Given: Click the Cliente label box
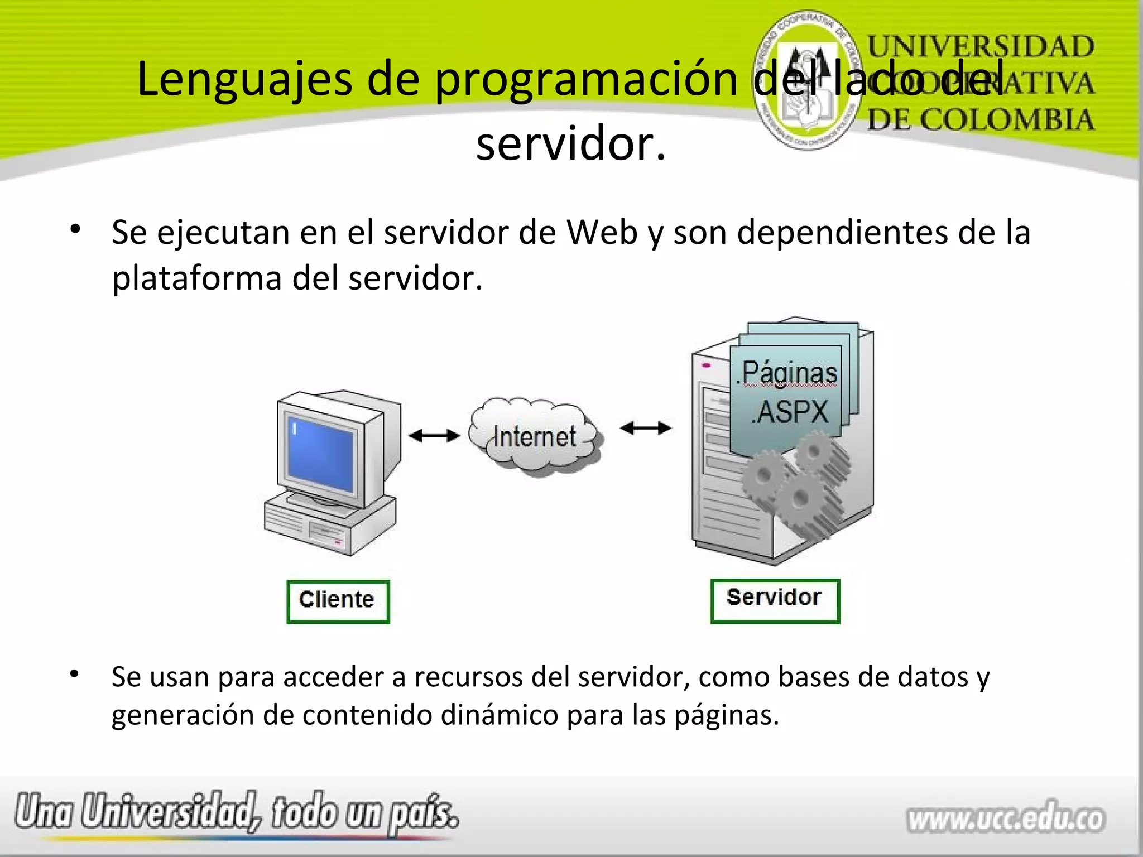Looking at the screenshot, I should [338, 601].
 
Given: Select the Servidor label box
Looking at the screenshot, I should [775, 600].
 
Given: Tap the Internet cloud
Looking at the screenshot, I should [535, 437].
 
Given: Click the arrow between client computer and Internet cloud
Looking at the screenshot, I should [434, 435].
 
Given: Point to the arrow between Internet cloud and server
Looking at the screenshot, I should [646, 428].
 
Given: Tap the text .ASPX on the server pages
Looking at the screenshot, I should [790, 413].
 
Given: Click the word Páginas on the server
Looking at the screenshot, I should [789, 372].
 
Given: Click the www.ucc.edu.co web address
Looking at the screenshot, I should [1006, 819].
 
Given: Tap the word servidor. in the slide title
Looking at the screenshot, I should [570, 144].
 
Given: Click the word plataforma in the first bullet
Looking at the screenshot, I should [196, 278].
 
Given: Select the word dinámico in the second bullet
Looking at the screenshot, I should [499, 715].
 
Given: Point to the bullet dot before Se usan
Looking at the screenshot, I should [75, 675].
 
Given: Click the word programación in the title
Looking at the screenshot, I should [586, 79].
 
